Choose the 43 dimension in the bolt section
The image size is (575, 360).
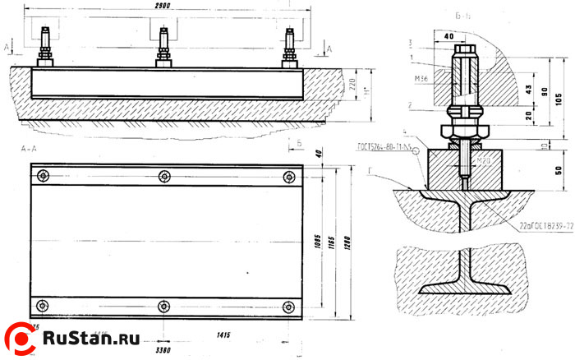point(529,89)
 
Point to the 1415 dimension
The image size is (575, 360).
point(223,335)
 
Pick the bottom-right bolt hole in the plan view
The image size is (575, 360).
point(288,307)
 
